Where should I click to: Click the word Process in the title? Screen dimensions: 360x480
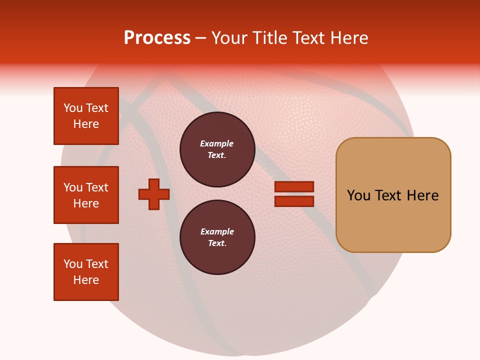[x=157, y=38]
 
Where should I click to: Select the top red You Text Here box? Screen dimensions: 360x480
[x=86, y=116]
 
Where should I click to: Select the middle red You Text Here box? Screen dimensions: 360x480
[x=86, y=195]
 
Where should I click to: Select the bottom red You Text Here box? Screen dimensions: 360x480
[x=86, y=272]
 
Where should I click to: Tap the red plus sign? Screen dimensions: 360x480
[x=154, y=194]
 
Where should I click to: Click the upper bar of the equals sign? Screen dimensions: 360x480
[x=294, y=186]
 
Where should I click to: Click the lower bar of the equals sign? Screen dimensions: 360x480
[x=294, y=201]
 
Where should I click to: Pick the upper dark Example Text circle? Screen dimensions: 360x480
[x=217, y=149]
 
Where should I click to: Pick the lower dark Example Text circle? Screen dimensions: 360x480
[x=217, y=237]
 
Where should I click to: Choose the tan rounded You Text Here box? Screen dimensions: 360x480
[x=393, y=195]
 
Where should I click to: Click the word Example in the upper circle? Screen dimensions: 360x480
[x=217, y=143]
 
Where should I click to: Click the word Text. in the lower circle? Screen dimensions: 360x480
[x=217, y=243]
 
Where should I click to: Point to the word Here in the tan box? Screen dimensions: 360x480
[x=422, y=195]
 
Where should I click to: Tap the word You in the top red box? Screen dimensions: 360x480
[x=73, y=108]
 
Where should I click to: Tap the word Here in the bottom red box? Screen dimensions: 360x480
[x=86, y=280]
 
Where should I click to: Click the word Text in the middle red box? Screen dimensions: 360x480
[x=97, y=187]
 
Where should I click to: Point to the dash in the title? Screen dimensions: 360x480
[x=200, y=38]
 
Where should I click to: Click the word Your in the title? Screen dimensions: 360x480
[x=229, y=38]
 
